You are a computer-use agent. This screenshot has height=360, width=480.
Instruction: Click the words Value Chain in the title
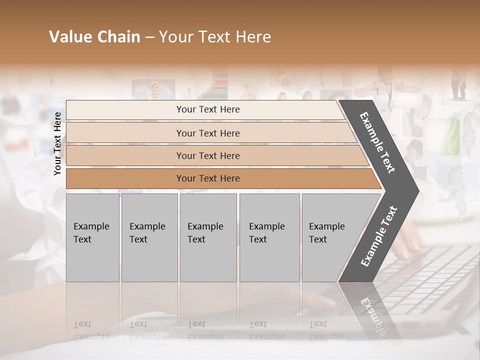(x=94, y=37)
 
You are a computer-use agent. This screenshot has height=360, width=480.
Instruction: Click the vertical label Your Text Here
(x=58, y=143)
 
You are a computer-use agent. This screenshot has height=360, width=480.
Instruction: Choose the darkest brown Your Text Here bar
(x=125, y=178)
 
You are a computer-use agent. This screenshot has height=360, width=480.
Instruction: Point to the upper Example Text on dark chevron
(x=377, y=142)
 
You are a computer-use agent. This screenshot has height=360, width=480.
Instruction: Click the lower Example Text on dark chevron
(x=378, y=236)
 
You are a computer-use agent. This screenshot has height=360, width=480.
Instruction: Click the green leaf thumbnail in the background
(x=448, y=136)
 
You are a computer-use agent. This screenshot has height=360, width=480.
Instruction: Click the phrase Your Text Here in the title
(x=215, y=37)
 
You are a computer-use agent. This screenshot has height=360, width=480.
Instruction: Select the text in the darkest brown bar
(x=208, y=178)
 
